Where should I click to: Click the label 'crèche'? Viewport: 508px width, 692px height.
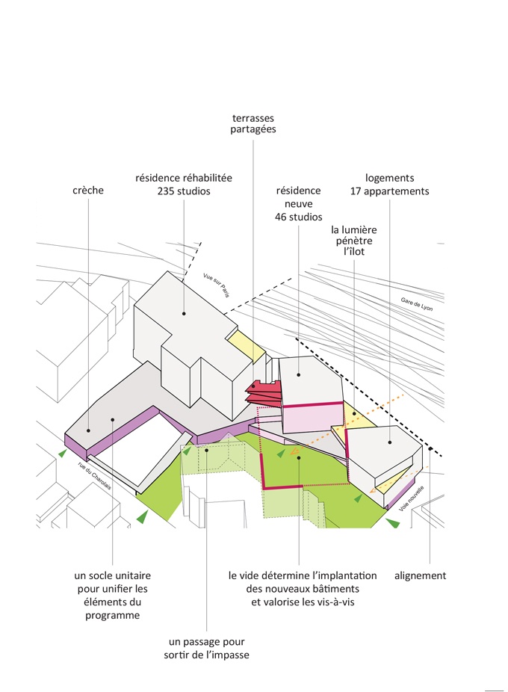(x=88, y=191)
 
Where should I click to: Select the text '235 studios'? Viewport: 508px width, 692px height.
(x=184, y=191)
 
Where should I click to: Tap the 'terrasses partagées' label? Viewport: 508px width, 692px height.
(x=253, y=123)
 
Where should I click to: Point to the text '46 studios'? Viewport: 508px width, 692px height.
(x=298, y=217)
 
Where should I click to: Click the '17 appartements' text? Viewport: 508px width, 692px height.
(x=390, y=191)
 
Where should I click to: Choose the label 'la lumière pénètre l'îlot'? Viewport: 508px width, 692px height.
(x=354, y=241)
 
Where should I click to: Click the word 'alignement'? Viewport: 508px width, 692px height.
(x=420, y=575)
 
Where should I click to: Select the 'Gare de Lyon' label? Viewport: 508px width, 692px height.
(x=417, y=304)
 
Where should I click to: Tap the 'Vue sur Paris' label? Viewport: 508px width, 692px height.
(x=216, y=285)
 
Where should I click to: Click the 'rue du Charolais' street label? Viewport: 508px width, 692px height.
(x=94, y=475)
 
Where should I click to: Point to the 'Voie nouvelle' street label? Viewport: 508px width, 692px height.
(x=412, y=498)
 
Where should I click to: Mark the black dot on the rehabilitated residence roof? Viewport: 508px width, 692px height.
(x=184, y=314)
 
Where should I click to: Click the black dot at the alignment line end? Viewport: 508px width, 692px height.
(x=430, y=449)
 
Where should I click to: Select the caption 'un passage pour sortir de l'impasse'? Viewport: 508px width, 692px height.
(x=206, y=648)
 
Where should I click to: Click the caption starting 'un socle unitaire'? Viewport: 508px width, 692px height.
(x=113, y=596)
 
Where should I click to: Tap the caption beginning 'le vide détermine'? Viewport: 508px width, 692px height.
(x=303, y=589)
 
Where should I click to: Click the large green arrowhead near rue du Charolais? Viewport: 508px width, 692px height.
(x=142, y=516)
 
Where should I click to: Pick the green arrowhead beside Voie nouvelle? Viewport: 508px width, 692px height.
(x=392, y=523)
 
